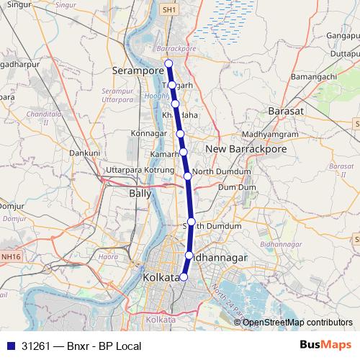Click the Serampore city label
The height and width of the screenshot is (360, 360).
click(x=138, y=71)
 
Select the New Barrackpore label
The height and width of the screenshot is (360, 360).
click(x=246, y=148)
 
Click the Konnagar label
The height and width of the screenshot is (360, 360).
click(x=150, y=134)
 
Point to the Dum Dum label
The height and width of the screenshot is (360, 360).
click(x=237, y=186)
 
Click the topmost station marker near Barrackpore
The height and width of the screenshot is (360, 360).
click(x=169, y=63)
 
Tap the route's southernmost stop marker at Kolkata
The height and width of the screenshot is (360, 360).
click(x=184, y=276)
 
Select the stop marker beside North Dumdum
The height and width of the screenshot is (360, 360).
click(x=187, y=175)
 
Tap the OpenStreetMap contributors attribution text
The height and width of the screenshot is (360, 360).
click(x=296, y=322)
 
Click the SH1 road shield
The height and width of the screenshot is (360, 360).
click(x=168, y=11)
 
